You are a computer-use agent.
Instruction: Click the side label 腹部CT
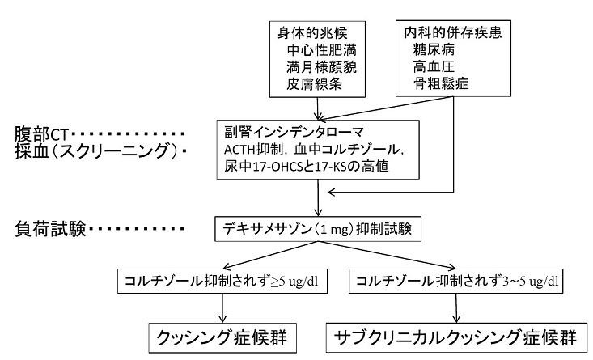point(45,132)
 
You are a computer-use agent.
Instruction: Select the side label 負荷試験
point(45,228)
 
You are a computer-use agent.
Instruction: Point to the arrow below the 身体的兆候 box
point(317,106)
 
